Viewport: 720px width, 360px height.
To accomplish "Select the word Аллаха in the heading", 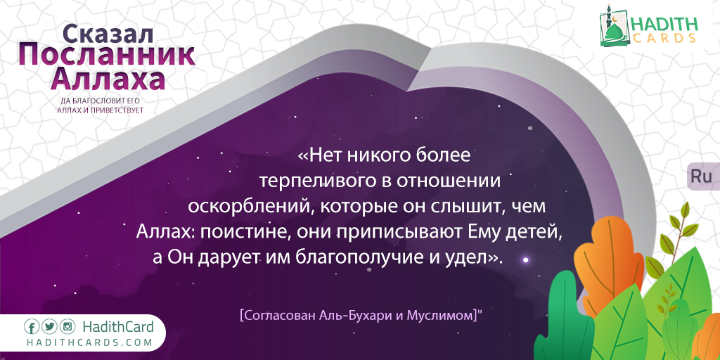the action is tap(108, 80).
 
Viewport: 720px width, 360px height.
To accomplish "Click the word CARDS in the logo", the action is tap(665, 39).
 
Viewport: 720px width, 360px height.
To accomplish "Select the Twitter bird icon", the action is tap(50, 327).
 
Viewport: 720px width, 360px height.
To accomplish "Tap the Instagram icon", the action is tap(67, 327).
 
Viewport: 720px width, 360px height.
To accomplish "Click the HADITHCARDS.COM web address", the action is tap(89, 343).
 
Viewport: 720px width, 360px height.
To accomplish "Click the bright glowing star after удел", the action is tap(526, 260).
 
